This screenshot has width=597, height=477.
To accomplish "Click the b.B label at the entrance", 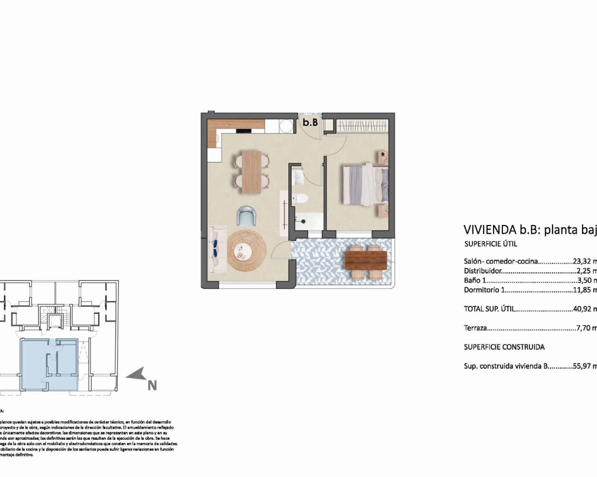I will [x=310, y=123].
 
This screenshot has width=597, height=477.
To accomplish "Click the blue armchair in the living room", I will [x=246, y=216].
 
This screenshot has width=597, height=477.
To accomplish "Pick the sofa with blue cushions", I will [x=217, y=250].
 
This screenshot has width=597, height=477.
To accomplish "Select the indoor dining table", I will [x=252, y=171].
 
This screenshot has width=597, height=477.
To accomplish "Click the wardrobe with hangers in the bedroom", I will [x=362, y=126].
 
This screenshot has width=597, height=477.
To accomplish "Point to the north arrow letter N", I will [x=152, y=385].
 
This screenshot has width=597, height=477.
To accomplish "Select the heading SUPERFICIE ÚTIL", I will [x=491, y=244].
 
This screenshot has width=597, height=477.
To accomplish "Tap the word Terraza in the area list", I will [x=475, y=328].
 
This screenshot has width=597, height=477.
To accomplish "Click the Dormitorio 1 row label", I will [x=485, y=290].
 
